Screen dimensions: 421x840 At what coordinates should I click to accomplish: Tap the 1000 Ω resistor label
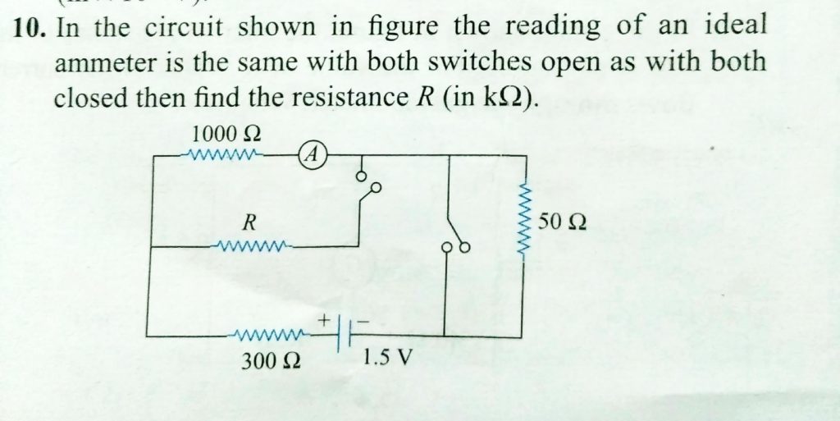click(x=225, y=132)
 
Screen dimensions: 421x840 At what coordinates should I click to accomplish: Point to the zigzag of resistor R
click(x=251, y=245)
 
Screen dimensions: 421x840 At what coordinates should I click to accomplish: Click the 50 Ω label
click(x=565, y=222)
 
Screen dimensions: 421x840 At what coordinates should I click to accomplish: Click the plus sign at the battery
click(x=324, y=316)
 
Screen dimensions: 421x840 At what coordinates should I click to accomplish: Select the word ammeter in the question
click(x=102, y=63)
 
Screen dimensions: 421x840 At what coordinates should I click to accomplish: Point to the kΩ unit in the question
click(x=503, y=99)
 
